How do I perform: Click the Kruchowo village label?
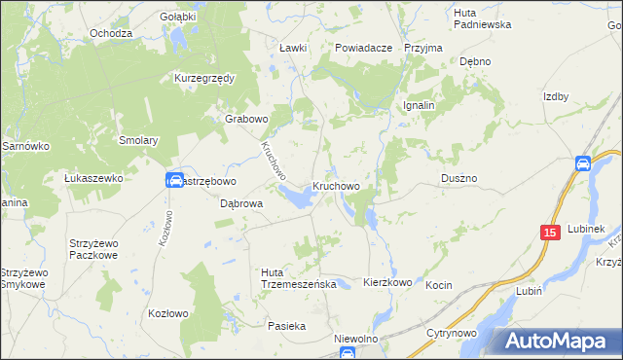click(337, 185)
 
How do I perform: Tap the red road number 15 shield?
click(550, 233)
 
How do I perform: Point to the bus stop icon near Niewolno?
click(348, 353)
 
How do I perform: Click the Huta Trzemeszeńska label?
click(299, 278)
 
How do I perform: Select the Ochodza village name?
click(110, 33)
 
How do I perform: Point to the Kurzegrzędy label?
click(205, 78)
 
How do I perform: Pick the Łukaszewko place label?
click(92, 179)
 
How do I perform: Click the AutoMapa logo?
click(556, 341)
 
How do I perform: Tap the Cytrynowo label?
click(452, 333)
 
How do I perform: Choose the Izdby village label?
click(555, 96)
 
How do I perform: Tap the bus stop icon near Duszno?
click(583, 163)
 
